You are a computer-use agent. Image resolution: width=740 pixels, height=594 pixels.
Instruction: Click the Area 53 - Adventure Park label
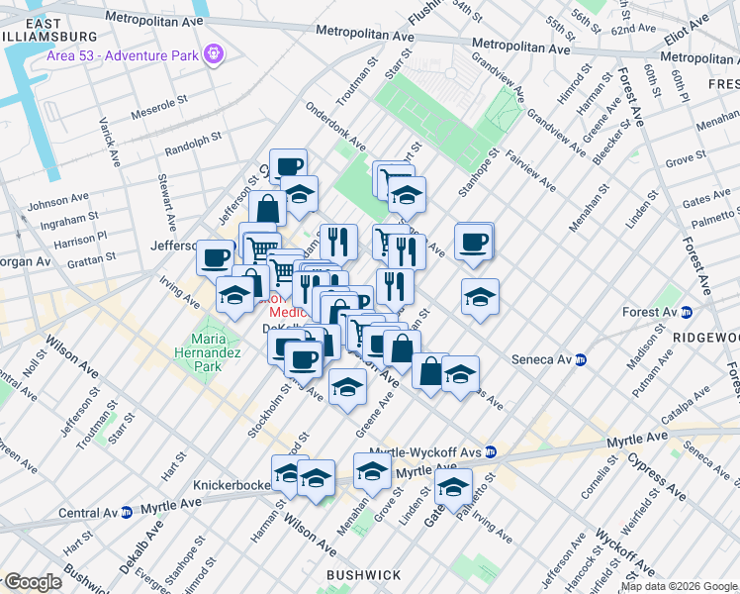123,52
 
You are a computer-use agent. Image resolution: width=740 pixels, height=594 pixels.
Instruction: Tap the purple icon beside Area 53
213,51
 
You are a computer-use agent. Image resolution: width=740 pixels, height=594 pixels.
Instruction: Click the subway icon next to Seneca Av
582,359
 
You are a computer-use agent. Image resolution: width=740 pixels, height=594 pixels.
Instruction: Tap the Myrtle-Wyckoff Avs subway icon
491,451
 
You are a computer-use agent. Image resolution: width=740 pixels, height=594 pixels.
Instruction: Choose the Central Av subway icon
127,513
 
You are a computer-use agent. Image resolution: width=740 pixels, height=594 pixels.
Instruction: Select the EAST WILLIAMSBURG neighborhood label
40,31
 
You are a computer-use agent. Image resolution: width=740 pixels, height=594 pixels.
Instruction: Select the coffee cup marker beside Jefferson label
215,257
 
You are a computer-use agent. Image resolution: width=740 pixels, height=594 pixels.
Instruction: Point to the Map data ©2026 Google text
679,586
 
